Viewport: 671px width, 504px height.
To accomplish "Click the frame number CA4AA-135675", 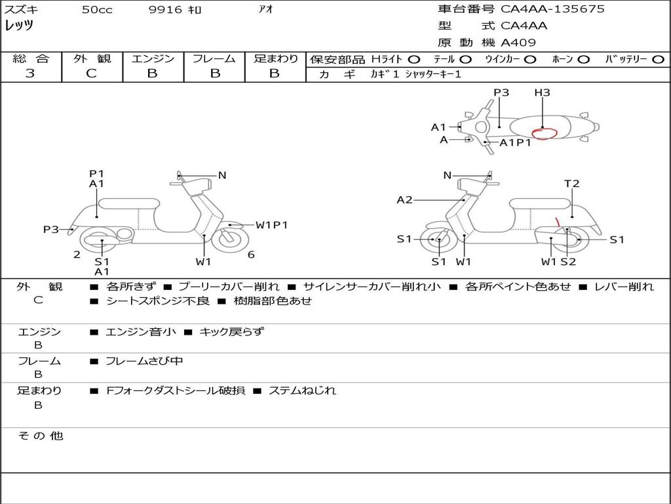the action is pos(552,9).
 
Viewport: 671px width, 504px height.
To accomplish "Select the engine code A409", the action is pos(518,43).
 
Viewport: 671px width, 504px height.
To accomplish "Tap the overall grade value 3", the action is pos(30,73).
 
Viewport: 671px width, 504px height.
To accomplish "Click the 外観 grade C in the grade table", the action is pos(92,73).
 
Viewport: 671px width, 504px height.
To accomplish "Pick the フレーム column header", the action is pos(214,58).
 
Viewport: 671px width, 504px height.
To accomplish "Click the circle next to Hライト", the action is pos(414,60).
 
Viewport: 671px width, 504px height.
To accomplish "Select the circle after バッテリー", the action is pos(658,60).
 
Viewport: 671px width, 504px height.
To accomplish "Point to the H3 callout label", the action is pos(542,92).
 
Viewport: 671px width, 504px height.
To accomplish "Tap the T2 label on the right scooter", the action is pos(571,184).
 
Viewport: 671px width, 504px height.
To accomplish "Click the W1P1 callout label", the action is pos(272,225).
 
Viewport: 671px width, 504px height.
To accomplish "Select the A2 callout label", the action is pos(405,199).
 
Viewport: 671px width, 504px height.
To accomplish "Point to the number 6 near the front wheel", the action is pos(251,255).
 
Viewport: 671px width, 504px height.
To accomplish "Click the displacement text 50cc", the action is pos(97,10).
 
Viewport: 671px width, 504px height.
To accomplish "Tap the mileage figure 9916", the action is pos(165,9).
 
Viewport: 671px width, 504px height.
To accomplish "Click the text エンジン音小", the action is pos(141,331).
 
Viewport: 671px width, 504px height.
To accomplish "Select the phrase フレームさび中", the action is pos(144,362).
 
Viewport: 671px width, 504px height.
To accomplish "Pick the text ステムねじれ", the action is pos(302,390).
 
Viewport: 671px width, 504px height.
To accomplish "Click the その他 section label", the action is pos(41,436).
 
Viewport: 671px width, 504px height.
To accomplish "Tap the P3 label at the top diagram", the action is pos(501,92).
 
